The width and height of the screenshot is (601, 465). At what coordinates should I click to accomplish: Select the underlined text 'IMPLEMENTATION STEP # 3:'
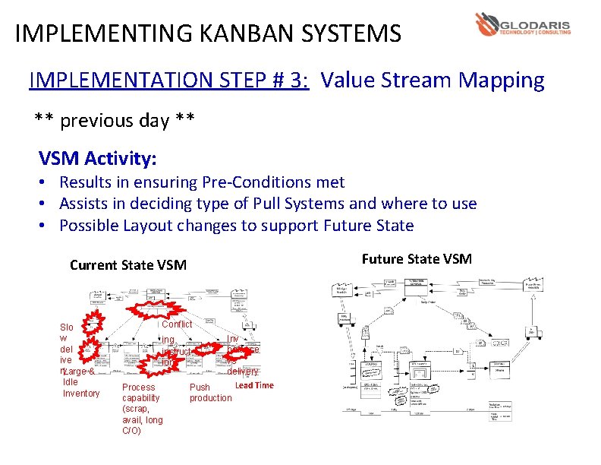coord(168,81)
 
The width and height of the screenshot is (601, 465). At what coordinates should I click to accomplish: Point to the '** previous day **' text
coord(115,120)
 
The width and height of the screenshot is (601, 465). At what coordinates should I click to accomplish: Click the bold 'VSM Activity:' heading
coord(98,159)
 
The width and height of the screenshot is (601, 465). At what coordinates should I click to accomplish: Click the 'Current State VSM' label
coord(127,265)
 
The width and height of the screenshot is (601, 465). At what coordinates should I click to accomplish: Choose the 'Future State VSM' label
coord(417,259)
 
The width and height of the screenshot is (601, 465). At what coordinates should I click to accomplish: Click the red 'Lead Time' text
coord(254,385)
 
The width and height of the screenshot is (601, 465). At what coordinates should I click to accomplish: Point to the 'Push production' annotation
coord(210,393)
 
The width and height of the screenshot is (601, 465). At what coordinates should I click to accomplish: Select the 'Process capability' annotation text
coord(141,393)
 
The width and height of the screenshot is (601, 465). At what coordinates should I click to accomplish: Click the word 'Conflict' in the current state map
coord(177,324)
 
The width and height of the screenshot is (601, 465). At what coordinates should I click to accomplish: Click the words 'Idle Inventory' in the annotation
coord(80,387)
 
